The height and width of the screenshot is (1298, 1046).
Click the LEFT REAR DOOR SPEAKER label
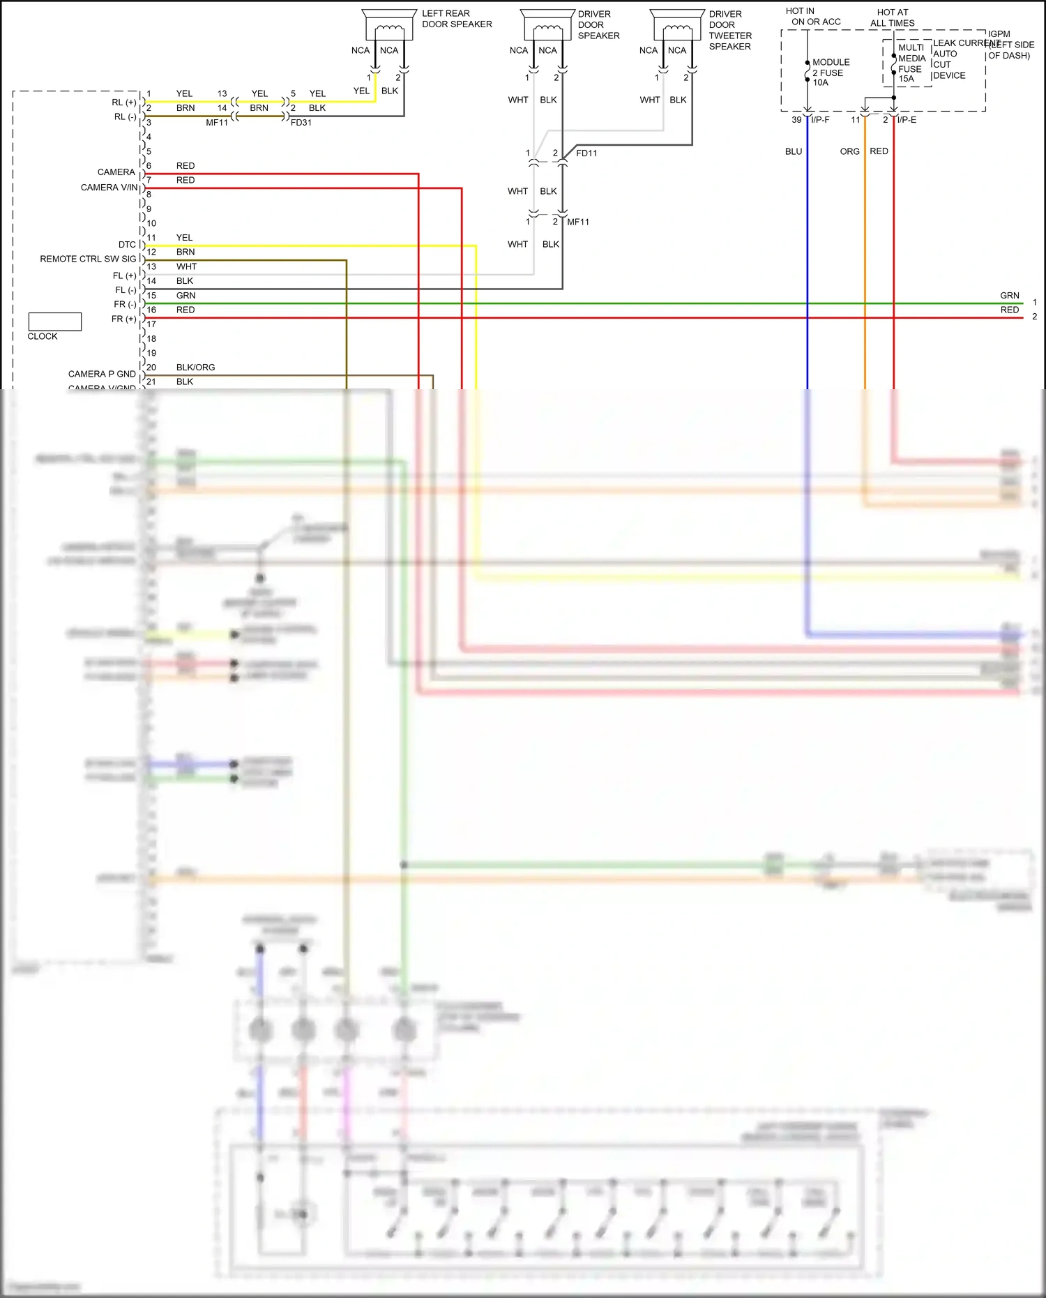click(x=456, y=19)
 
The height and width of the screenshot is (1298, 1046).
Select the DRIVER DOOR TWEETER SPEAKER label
click(x=729, y=30)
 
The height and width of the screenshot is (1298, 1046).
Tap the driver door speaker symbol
click(x=547, y=26)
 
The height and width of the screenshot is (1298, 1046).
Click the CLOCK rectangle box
click(x=55, y=322)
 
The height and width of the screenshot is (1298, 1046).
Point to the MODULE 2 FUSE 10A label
click(x=830, y=73)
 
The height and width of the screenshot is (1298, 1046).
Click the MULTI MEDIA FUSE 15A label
click(x=911, y=63)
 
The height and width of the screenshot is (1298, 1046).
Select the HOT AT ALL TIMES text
click(x=892, y=17)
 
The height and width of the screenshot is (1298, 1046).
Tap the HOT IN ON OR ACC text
click(x=814, y=17)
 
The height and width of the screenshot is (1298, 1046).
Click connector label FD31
click(x=301, y=123)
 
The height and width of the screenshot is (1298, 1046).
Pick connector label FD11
click(x=586, y=153)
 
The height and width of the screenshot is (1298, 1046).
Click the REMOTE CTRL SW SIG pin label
click(x=88, y=259)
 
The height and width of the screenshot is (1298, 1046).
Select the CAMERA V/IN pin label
click(x=109, y=188)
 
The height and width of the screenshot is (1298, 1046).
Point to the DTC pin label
click(x=127, y=245)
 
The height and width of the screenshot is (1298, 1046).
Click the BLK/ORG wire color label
click(x=195, y=368)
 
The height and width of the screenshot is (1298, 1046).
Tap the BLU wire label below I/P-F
click(x=793, y=151)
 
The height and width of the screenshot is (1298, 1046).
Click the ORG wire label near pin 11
click(x=849, y=151)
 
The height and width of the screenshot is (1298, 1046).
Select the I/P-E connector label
click(x=907, y=120)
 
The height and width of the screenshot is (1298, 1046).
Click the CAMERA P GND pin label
click(x=102, y=374)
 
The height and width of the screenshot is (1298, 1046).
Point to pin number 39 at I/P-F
click(x=796, y=120)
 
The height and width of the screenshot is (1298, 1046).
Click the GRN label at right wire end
click(x=1009, y=296)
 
